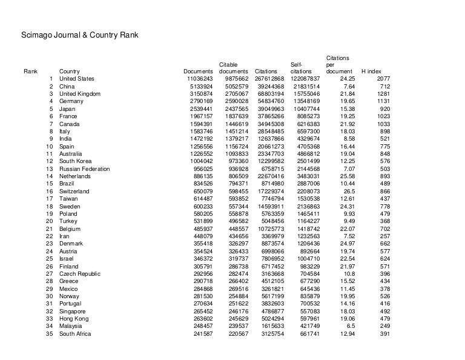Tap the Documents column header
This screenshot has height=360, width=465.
pyautogui.click(x=198, y=72)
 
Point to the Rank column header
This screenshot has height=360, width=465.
pyautogui.click(x=30, y=72)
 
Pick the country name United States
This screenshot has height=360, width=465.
pyautogui.click(x=77, y=79)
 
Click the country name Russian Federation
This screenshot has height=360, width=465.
pyautogui.click(x=85, y=169)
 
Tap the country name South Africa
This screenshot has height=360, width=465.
pyautogui.click(x=76, y=334)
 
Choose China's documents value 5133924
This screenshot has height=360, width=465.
pyautogui.click(x=201, y=87)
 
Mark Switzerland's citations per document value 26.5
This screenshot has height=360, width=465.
pyautogui.click(x=347, y=192)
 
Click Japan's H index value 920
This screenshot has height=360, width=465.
pyautogui.click(x=386, y=109)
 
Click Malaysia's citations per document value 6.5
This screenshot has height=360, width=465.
pyautogui.click(x=349, y=326)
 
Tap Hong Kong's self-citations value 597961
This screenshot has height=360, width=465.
pyautogui.click(x=306, y=319)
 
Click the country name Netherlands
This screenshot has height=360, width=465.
pyautogui.click(x=75, y=176)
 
